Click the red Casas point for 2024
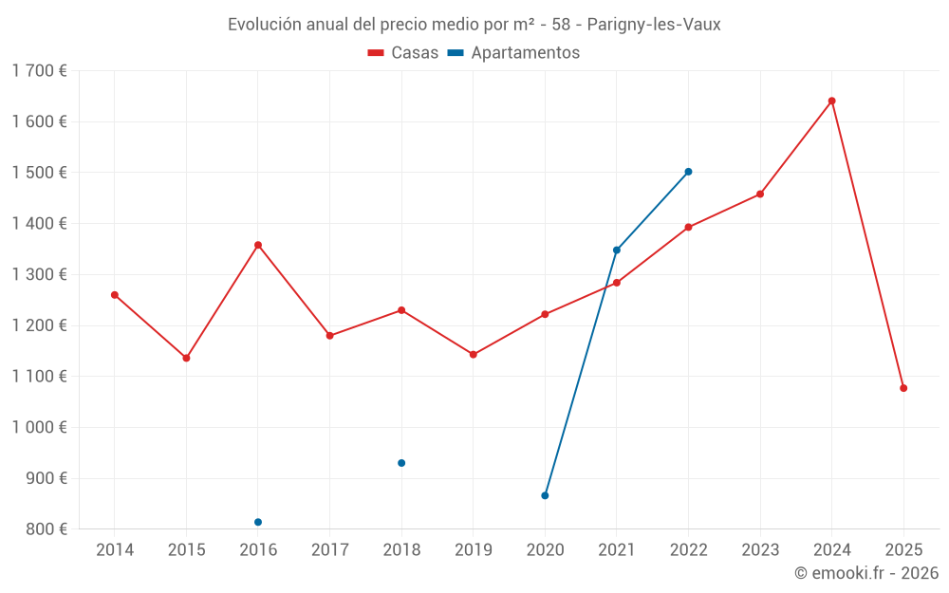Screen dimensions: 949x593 [831, 102]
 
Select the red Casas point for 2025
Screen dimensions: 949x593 [903, 388]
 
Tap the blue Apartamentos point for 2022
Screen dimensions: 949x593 [688, 172]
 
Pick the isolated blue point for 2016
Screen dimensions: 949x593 [258, 522]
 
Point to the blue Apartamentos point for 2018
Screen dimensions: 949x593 [401, 463]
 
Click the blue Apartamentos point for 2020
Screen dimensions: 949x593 [545, 495]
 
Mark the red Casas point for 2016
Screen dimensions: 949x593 [258, 245]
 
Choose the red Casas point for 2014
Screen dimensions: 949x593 [115, 295]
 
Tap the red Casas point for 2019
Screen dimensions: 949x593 [474, 355]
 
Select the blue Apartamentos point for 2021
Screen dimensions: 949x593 [617, 250]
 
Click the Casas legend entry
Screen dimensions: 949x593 [403, 52]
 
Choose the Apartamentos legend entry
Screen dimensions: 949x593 [513, 52]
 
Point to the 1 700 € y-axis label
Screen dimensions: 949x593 [39, 71]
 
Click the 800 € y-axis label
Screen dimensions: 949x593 [46, 528]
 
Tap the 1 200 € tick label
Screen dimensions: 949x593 [39, 325]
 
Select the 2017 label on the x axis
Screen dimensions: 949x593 [330, 549]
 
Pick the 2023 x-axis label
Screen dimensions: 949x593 [760, 549]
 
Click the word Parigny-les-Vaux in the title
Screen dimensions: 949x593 [654, 25]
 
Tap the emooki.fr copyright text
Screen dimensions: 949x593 [866, 572]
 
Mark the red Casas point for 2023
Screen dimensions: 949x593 [760, 195]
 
